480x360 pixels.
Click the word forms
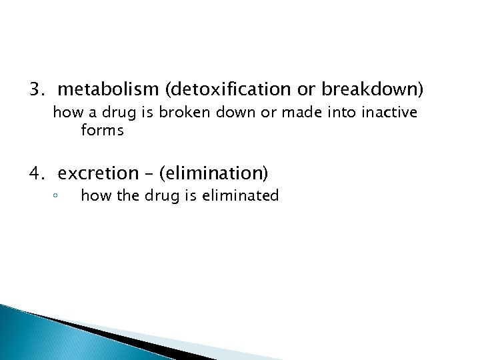tap(102, 131)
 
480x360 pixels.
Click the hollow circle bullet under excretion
tap(57, 197)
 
